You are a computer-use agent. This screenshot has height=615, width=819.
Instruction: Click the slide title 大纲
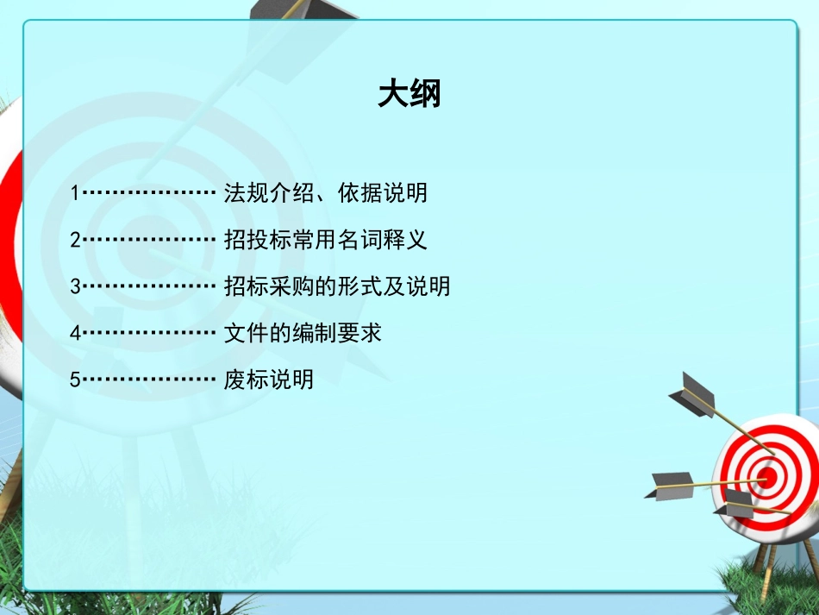[x=409, y=94]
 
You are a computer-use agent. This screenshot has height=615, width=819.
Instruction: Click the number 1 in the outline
[x=75, y=193]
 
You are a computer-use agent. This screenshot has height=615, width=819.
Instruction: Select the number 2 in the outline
[x=75, y=240]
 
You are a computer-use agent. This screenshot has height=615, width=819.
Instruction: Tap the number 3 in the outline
[x=75, y=286]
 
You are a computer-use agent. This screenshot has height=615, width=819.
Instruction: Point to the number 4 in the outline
[x=75, y=333]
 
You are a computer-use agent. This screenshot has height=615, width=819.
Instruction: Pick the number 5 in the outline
[x=75, y=380]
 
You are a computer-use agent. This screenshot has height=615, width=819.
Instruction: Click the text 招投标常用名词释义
[x=325, y=240]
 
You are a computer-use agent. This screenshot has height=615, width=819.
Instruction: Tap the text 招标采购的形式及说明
[x=336, y=286]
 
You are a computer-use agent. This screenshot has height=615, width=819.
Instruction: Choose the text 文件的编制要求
[x=302, y=333]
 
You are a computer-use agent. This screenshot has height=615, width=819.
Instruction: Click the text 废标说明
[x=268, y=380]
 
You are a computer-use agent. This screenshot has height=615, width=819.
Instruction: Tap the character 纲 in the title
[x=426, y=94]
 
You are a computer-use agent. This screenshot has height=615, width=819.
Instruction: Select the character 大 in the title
[x=393, y=94]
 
